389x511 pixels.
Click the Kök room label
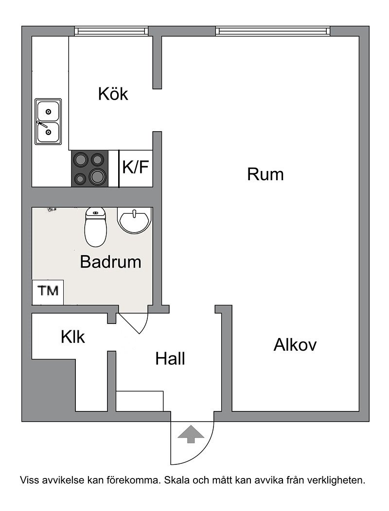[x=113, y=94]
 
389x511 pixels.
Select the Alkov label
[x=295, y=344]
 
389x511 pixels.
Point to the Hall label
[x=170, y=358]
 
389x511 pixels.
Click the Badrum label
[x=111, y=261]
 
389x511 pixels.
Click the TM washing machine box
[x=48, y=292]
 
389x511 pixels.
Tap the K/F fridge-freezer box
[x=136, y=169]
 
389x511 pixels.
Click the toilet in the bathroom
[x=95, y=226]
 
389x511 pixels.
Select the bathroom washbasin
[x=134, y=220]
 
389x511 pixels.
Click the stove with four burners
[x=90, y=169]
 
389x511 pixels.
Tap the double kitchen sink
[x=48, y=121]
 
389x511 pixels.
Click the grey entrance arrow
[x=191, y=434]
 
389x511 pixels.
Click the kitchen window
[x=112, y=31]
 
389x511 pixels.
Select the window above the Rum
[x=273, y=31]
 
